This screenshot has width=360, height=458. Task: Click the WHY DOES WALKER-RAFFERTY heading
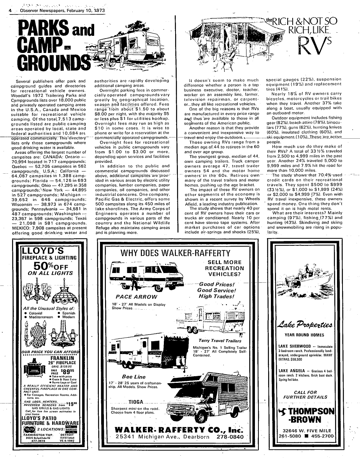tap(175, 253)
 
